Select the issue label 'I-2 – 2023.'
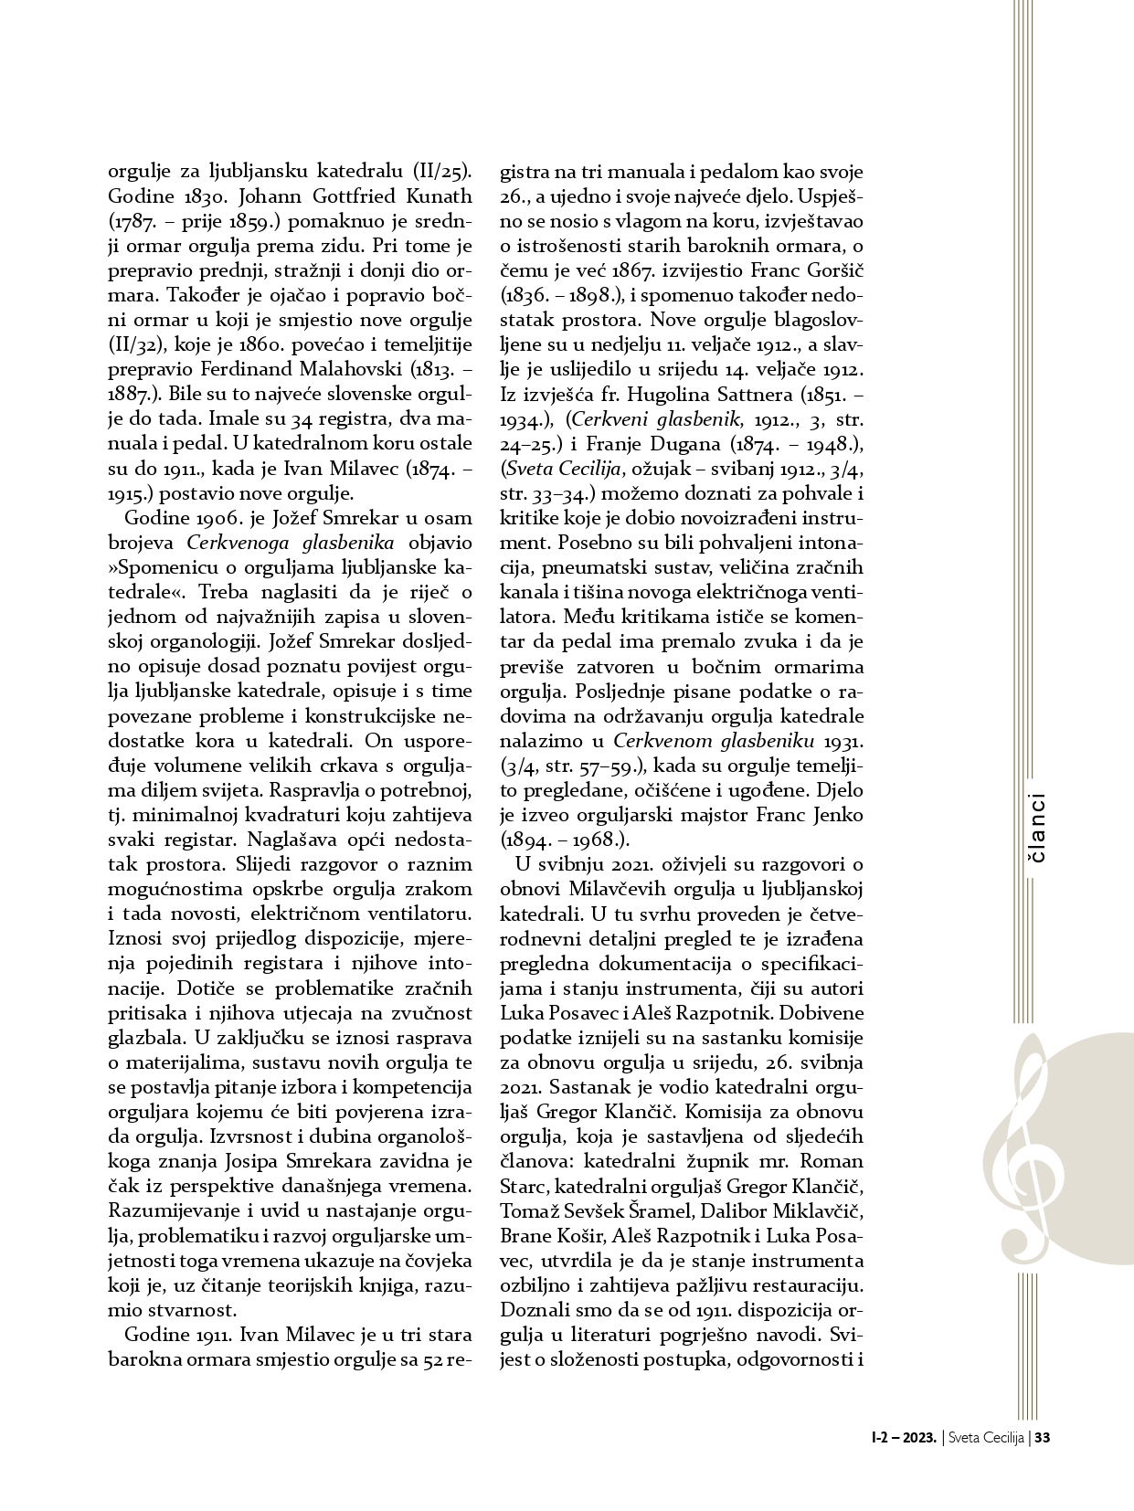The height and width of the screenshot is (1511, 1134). click(x=905, y=1437)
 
